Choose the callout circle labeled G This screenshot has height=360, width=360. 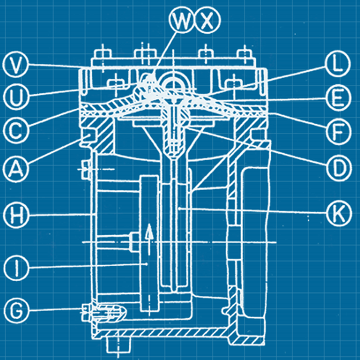tap(17, 310)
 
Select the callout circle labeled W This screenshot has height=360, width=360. tap(183, 22)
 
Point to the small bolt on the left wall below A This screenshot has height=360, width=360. tap(85, 168)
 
